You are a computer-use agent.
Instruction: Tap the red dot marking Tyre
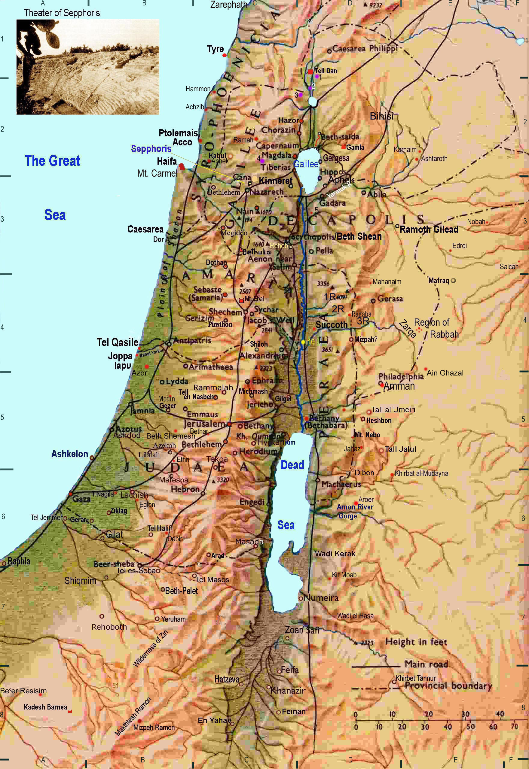coord(225,55)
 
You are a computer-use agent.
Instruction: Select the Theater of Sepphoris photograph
coord(88,67)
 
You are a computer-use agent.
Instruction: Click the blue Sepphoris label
coord(151,149)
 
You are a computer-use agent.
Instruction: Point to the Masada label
coord(248,542)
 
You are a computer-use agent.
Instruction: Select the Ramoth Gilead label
coord(429,229)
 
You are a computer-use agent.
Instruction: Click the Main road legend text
coord(426,664)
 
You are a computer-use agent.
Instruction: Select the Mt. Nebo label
coord(367,435)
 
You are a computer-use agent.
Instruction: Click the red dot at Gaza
coord(71,494)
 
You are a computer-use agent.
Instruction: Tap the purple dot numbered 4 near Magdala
coord(262,161)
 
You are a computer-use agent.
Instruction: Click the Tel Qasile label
coord(118,342)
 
